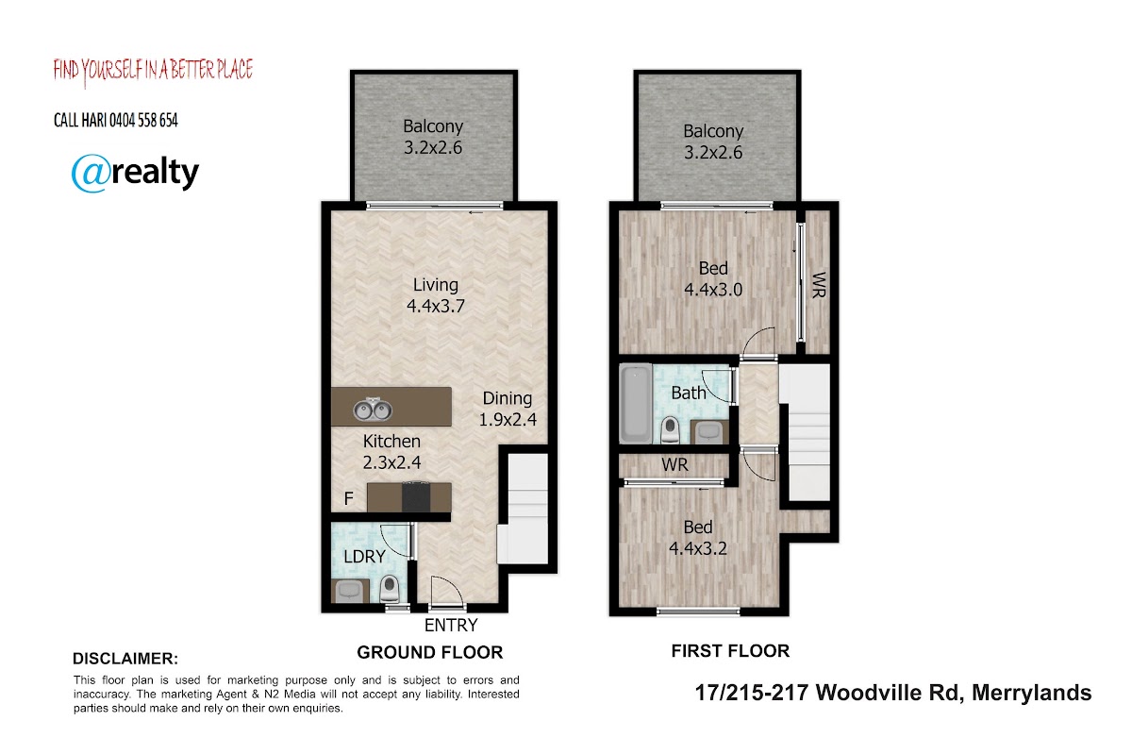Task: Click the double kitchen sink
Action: pyautogui.click(x=373, y=410)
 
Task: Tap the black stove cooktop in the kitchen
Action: pyautogui.click(x=416, y=497)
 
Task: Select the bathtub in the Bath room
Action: pyautogui.click(x=636, y=404)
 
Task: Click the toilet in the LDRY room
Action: pyautogui.click(x=390, y=589)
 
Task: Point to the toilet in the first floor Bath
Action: pyautogui.click(x=670, y=429)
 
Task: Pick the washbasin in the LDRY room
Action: pyautogui.click(x=348, y=591)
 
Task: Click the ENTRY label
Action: pyautogui.click(x=451, y=626)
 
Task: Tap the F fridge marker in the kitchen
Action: pyautogui.click(x=348, y=499)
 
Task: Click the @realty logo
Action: pyautogui.click(x=135, y=173)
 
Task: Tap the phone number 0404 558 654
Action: pyautogui.click(x=143, y=121)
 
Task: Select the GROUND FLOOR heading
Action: pyautogui.click(x=430, y=652)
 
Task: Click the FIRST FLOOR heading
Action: pyautogui.click(x=730, y=651)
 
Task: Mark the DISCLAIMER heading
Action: pyautogui.click(x=125, y=659)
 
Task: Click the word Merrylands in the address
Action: pyautogui.click(x=1031, y=693)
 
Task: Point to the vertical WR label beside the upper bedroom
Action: pyautogui.click(x=819, y=285)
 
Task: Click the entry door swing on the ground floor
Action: pyautogui.click(x=447, y=590)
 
